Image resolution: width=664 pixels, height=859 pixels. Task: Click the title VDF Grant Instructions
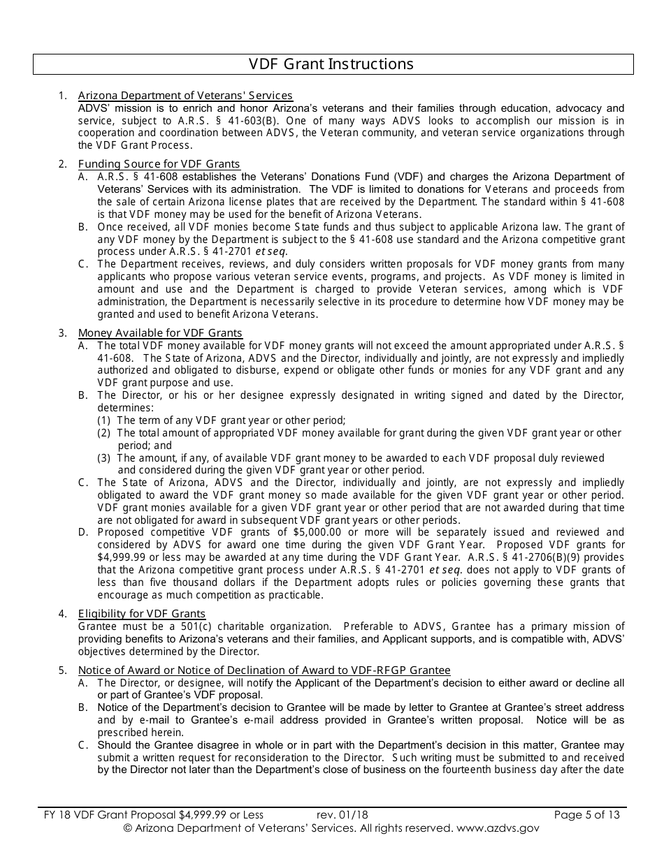tap(331, 64)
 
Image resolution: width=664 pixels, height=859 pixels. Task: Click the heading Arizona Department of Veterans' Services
tap(185, 96)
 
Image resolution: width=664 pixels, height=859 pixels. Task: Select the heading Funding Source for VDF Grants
tap(159, 164)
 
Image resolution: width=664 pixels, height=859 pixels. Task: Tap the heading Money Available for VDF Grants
tap(160, 333)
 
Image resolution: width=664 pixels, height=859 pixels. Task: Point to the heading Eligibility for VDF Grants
tap(142, 614)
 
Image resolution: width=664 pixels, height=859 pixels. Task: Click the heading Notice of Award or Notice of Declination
tap(264, 670)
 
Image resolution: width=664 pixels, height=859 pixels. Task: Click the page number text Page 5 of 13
tap(586, 814)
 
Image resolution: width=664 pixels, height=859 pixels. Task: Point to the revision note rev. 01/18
tap(342, 814)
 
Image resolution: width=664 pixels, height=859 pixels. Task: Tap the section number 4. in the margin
tap(63, 614)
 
